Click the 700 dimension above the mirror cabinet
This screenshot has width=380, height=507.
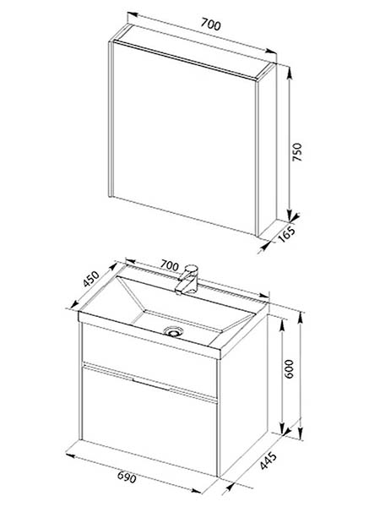pyautogui.click(x=211, y=25)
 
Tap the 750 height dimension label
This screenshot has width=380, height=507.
pyautogui.click(x=297, y=152)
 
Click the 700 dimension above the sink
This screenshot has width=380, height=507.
pyautogui.click(x=170, y=266)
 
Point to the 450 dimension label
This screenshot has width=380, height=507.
pyautogui.click(x=91, y=279)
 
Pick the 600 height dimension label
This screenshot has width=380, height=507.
pyautogui.click(x=289, y=368)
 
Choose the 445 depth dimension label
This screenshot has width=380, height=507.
pyautogui.click(x=269, y=461)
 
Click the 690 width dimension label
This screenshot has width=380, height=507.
pyautogui.click(x=127, y=477)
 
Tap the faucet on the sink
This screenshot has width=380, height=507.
pyautogui.click(x=187, y=280)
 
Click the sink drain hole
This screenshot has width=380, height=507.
pyautogui.click(x=173, y=331)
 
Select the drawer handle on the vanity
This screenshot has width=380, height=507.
pyautogui.click(x=151, y=384)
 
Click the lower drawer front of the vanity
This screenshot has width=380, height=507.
pyautogui.click(x=149, y=422)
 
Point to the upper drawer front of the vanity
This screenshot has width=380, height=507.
pyautogui.click(x=149, y=359)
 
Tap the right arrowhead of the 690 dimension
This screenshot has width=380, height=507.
pyautogui.click(x=197, y=491)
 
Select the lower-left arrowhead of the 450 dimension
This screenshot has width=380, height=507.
pyautogui.click(x=74, y=304)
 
